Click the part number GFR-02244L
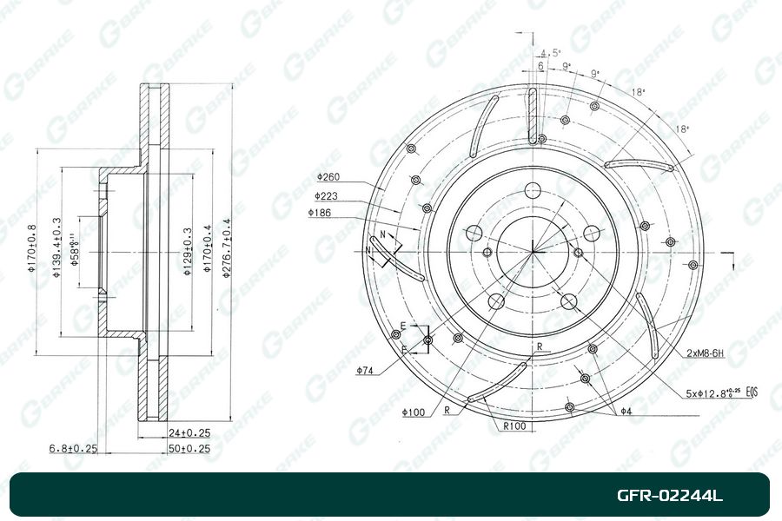pos(669,496)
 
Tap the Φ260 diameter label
pos(328,176)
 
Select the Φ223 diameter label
pos(326,196)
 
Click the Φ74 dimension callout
pos(365,371)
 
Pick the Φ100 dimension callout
pos(414,412)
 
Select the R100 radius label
pos(515,426)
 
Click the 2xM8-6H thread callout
pos(705,354)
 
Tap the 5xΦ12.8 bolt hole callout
pos(711,393)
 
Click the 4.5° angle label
pos(550,52)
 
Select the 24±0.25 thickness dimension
pos(189,432)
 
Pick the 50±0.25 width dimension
pos(189,448)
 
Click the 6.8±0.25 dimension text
pos(74,448)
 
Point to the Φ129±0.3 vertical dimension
pos(187,252)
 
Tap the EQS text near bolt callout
pos(751,393)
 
